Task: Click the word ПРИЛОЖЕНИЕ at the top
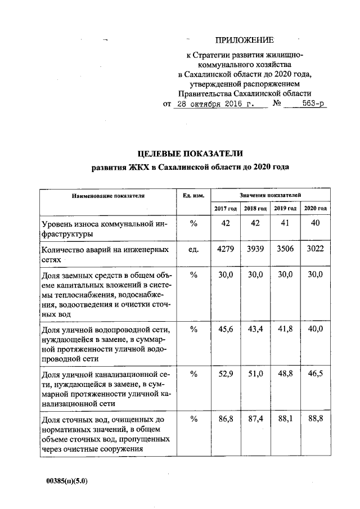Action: pos(244,40)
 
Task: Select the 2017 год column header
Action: pos(225,209)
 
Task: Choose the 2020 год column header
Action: pos(315,209)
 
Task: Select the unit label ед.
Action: pos(193,249)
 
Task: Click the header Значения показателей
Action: pos(270,195)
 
